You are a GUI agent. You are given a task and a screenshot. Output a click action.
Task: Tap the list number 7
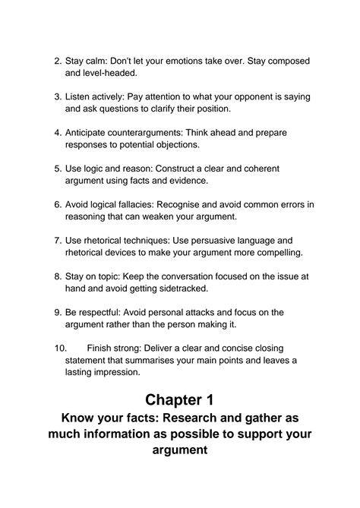[x=57, y=240]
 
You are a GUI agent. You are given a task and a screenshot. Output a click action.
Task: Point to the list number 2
[x=57, y=61]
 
